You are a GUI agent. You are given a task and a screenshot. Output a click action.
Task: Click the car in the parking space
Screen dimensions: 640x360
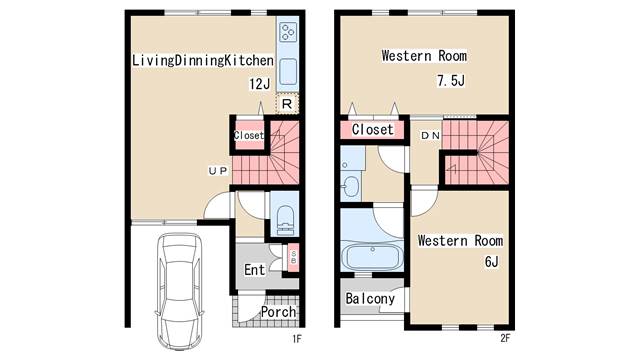click(x=180, y=291)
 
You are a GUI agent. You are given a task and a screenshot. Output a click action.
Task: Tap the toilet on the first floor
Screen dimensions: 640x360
click(x=285, y=220)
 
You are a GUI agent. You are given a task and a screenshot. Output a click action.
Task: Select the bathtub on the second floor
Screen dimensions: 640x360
click(x=372, y=256)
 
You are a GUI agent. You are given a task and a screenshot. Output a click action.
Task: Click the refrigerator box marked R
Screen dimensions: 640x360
click(x=287, y=104)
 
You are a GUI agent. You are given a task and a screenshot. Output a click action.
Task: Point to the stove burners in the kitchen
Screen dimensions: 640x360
click(x=288, y=32)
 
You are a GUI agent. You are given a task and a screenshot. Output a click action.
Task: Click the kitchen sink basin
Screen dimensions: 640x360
click(x=288, y=71)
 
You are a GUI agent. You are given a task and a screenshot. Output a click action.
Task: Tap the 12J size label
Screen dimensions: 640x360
click(x=260, y=84)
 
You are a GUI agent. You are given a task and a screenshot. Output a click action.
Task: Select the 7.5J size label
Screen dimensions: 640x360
click(x=451, y=80)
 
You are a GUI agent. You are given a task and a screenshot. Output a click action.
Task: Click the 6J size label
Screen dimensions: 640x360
click(x=491, y=261)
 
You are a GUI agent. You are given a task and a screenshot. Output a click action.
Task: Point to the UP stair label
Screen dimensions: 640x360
click(x=218, y=171)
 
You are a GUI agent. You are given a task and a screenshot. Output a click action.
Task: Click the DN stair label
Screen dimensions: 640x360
click(x=430, y=135)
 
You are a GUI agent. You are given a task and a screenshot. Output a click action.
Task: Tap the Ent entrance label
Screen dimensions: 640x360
click(x=254, y=269)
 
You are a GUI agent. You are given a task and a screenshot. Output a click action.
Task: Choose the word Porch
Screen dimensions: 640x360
click(x=278, y=312)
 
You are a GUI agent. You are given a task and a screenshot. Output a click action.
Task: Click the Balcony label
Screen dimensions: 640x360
click(x=370, y=298)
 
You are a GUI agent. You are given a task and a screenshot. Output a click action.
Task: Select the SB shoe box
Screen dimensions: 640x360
click(x=293, y=257)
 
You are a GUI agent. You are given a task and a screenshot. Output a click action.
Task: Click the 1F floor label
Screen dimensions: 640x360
click(x=297, y=338)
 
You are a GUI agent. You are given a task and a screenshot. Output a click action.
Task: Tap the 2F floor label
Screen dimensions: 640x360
click(x=505, y=338)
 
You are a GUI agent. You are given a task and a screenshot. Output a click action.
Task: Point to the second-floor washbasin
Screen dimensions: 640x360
click(x=351, y=186)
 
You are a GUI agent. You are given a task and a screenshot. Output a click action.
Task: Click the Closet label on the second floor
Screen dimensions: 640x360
click(x=373, y=129)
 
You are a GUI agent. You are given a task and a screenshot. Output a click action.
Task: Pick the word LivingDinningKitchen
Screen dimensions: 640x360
click(x=203, y=60)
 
